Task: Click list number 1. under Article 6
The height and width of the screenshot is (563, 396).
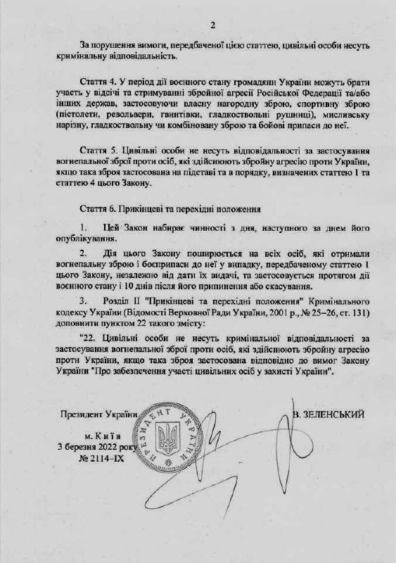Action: (84, 229)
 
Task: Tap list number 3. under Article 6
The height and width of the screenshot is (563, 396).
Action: (84, 298)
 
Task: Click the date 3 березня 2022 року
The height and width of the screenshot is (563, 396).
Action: (98, 446)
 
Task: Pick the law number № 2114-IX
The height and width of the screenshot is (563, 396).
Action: (98, 457)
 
